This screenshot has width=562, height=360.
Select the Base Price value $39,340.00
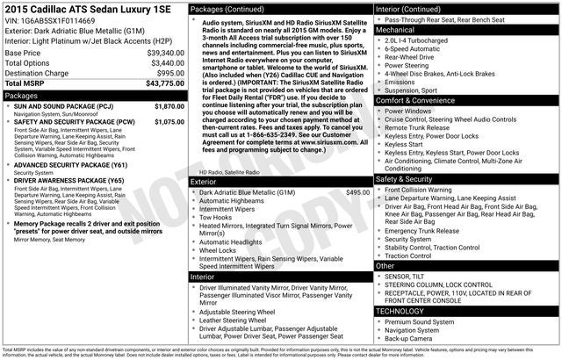pyautogui.click(x=157, y=53)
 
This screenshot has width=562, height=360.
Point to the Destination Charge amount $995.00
pyautogui.click(x=165, y=73)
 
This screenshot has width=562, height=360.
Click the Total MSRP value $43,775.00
pyautogui.click(x=159, y=83)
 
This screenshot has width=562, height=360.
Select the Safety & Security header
pyautogui.click(x=405, y=178)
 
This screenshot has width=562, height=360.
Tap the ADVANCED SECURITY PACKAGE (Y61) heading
pyautogui.click(x=70, y=164)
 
